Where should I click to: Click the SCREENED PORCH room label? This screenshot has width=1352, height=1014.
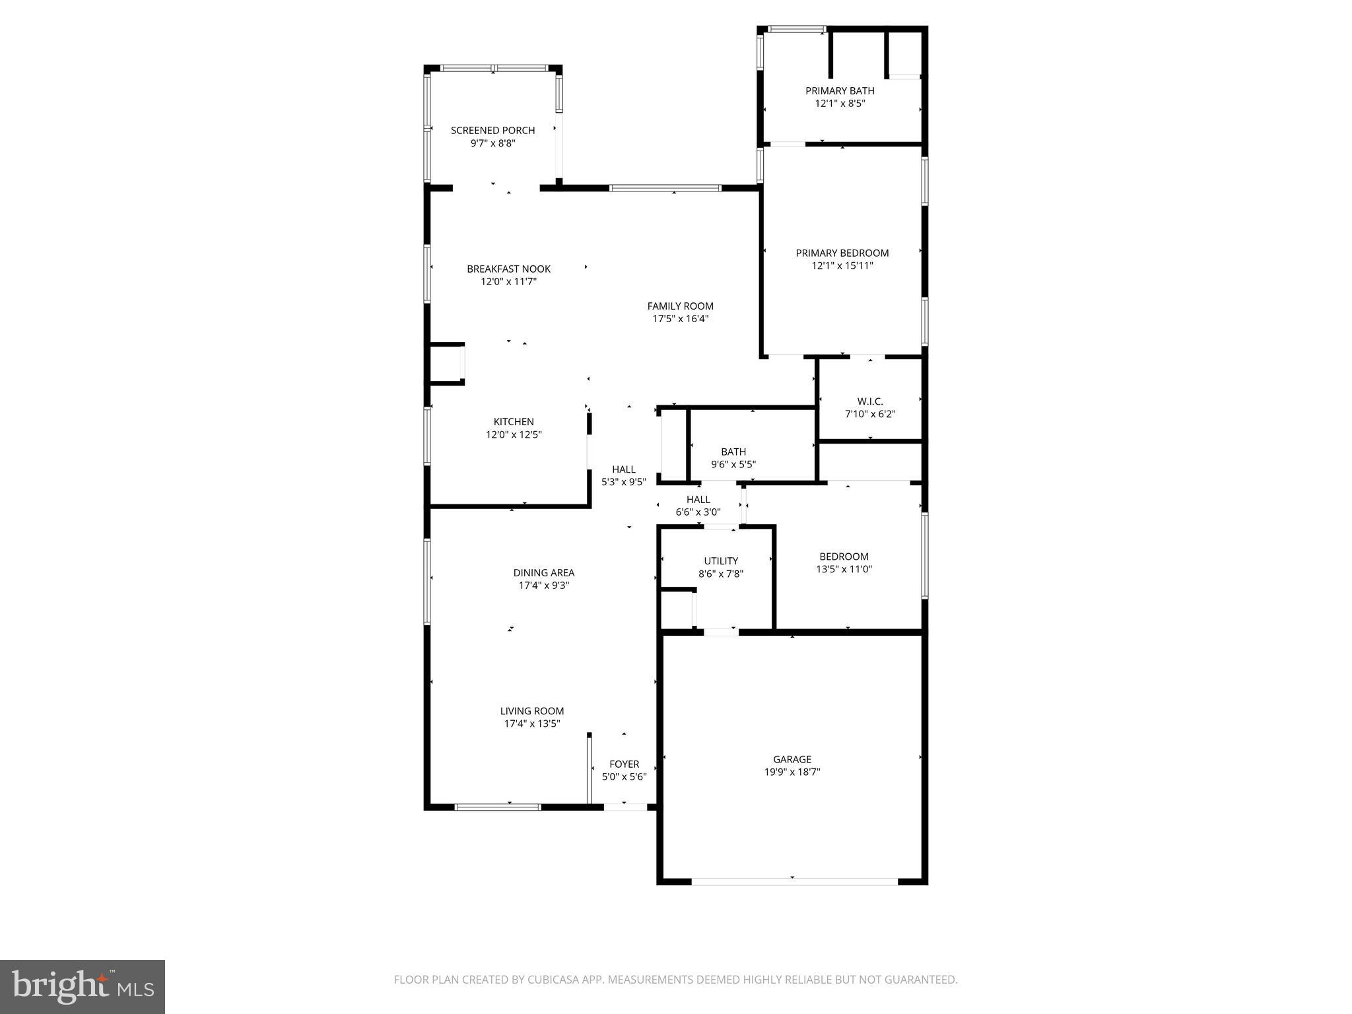[x=492, y=130]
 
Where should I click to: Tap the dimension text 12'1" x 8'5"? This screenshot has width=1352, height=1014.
[x=840, y=104]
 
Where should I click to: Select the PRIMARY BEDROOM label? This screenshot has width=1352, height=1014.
[x=842, y=253]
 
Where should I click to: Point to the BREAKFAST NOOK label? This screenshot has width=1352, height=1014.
[x=508, y=269]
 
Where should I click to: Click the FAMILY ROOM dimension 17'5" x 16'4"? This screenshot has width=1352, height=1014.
[x=680, y=319]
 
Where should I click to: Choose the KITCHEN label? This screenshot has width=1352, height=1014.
[x=514, y=422]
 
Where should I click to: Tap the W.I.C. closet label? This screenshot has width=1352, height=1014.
[x=870, y=401]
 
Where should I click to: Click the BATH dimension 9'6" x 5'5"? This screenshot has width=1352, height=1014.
[x=733, y=464]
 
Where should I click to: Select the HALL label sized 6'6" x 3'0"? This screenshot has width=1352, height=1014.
[x=698, y=500]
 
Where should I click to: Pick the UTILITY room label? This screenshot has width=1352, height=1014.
[x=721, y=561]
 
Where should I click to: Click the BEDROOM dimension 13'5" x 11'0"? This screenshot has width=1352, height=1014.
[x=844, y=569]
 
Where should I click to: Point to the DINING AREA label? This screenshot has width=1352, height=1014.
[x=543, y=573]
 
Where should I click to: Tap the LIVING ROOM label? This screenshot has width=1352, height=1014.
[x=531, y=711]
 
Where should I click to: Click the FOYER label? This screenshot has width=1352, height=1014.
[x=624, y=764]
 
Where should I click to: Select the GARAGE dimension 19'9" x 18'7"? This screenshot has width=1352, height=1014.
[x=792, y=772]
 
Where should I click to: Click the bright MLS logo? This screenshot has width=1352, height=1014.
[x=83, y=986]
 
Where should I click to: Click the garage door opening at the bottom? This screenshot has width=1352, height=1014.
[x=794, y=881]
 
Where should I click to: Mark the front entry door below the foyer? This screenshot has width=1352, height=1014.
[x=625, y=807]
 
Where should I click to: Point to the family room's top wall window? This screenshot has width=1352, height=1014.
[x=665, y=188]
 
